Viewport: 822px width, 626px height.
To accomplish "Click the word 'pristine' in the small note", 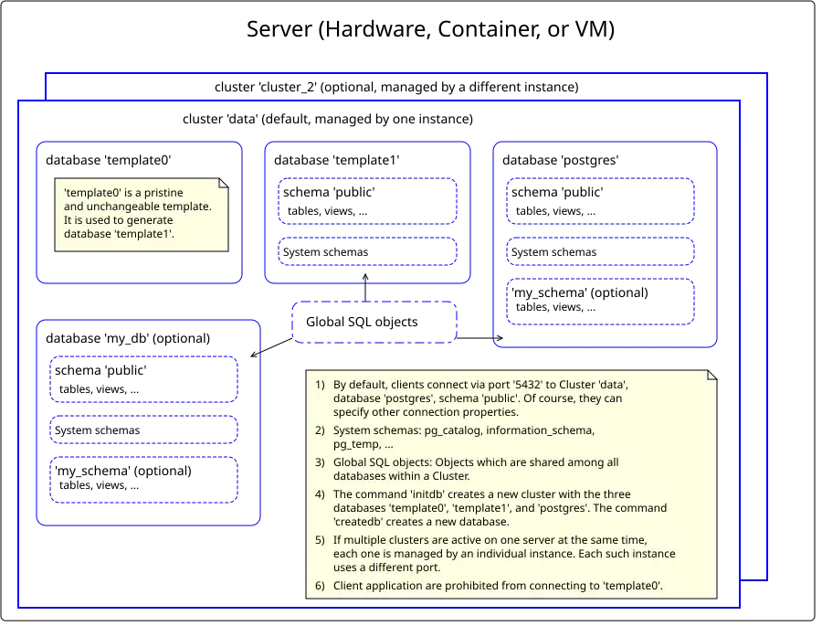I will (163, 192).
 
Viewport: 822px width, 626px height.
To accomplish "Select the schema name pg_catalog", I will (457, 430).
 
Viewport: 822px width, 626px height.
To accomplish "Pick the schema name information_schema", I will (543, 430).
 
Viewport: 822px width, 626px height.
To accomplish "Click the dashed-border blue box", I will (374, 322).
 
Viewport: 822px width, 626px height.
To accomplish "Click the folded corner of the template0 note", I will (224, 182).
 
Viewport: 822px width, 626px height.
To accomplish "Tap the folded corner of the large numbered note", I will (712, 373).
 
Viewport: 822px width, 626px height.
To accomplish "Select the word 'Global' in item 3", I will (351, 462).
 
